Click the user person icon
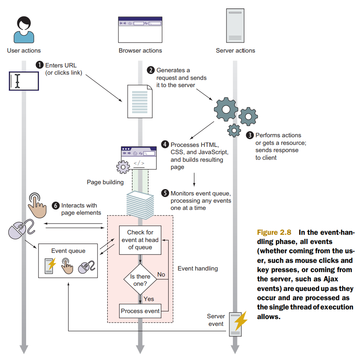[x=24, y=30]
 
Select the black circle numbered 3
[x=250, y=136]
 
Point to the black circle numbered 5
[x=165, y=193]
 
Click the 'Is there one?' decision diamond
[x=140, y=280]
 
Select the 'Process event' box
[x=140, y=311]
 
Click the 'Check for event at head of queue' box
[x=140, y=240]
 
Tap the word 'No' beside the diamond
[x=161, y=275]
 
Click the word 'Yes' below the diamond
[x=149, y=299]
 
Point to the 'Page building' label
[x=105, y=182]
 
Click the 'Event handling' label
[x=198, y=268]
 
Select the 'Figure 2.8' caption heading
[x=275, y=233]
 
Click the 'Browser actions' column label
[x=140, y=51]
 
